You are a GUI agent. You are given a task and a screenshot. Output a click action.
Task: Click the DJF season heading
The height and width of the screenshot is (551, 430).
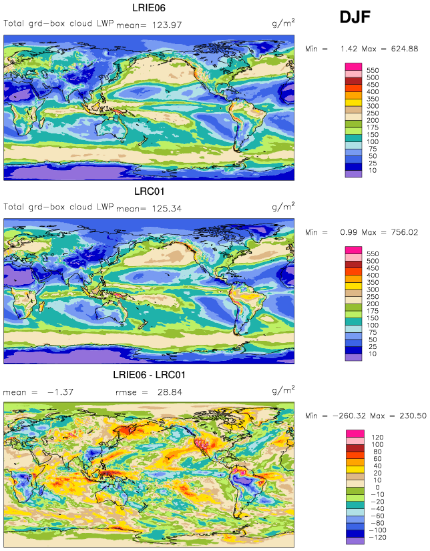coord(355,17)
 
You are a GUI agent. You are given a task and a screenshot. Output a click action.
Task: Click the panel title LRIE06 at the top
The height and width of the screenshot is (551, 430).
coord(149,8)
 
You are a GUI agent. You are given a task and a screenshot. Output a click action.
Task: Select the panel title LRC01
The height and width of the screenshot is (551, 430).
coord(149,191)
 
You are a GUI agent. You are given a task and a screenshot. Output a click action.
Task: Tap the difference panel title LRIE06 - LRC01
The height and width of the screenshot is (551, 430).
coord(149,375)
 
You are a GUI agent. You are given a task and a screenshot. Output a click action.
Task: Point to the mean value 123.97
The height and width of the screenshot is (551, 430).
coord(167,25)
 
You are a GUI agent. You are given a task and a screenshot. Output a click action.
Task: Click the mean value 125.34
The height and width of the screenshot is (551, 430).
coord(167,208)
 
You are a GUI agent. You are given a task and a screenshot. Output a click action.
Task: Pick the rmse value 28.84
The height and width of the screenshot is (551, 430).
coord(170,392)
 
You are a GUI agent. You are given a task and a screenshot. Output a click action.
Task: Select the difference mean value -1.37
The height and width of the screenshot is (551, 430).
coord(61,392)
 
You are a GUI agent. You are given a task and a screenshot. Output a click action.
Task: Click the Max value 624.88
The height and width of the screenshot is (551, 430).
coord(405,49)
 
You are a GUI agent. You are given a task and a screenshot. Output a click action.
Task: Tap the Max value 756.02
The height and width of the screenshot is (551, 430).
coord(405,232)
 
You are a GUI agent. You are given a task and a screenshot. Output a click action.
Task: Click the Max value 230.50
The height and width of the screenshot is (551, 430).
coord(413,416)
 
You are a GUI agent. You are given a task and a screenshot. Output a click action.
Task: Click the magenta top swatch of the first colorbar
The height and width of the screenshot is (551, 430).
coord(353,67)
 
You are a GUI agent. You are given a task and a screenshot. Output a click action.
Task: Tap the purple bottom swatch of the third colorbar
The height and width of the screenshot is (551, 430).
coord(355,540)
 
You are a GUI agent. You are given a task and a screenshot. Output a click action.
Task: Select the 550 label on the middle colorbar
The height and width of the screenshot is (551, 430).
coord(373,253)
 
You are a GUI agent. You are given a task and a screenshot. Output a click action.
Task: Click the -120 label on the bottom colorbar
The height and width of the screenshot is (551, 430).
coord(378,537)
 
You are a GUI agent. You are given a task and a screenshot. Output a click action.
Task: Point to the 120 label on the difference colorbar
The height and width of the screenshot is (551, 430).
coord(377,437)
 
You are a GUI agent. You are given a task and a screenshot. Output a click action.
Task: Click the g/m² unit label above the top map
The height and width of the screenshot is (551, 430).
coord(283,23)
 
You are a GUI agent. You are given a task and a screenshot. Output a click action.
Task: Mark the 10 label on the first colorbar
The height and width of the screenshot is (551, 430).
coord(373,170)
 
